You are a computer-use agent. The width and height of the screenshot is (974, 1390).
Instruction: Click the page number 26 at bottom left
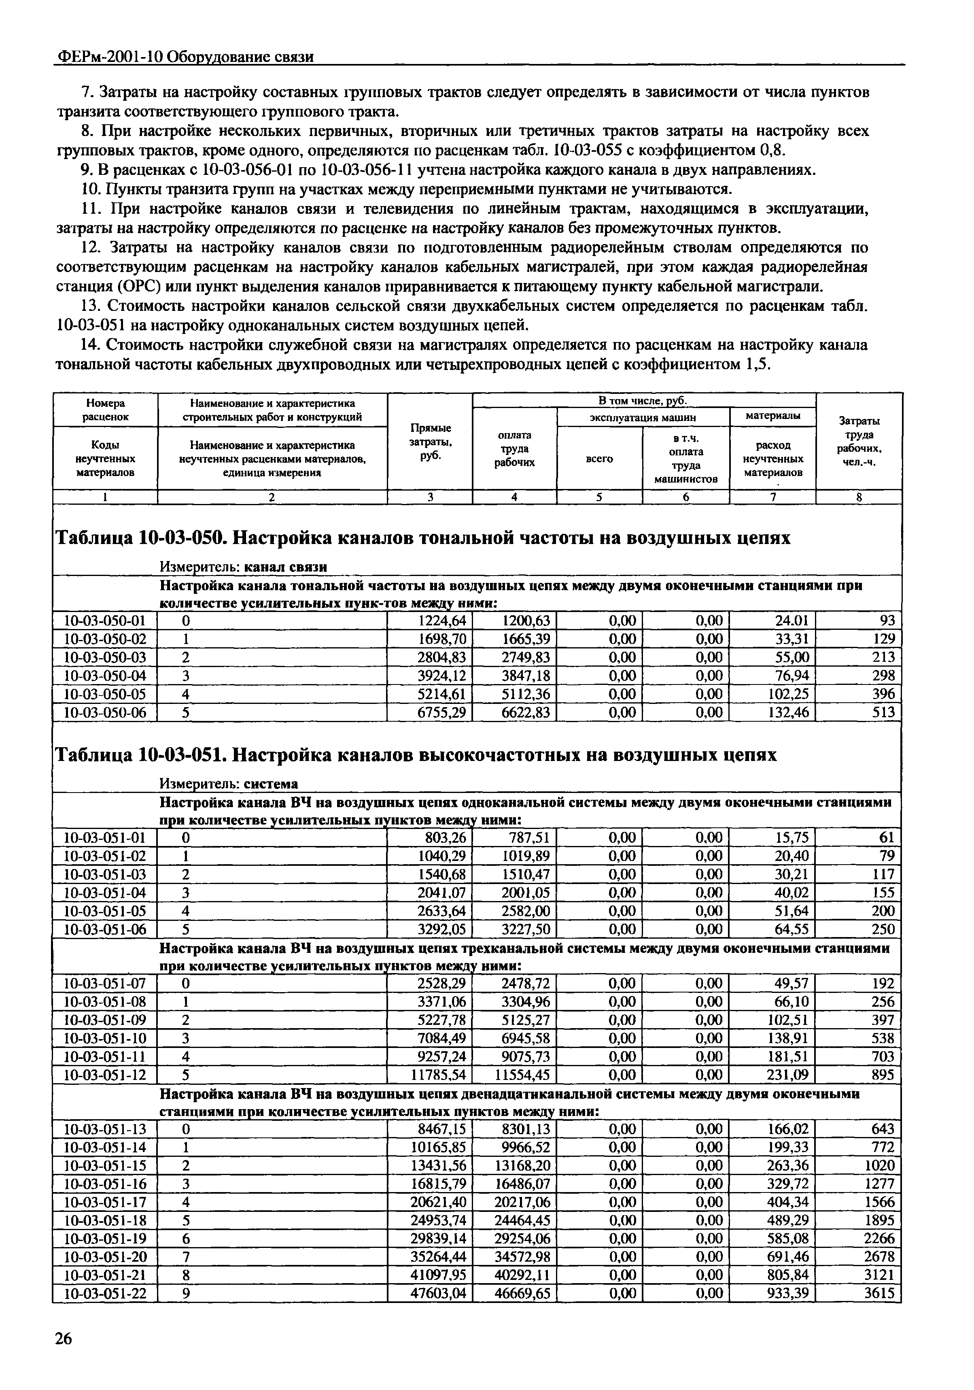(x=63, y=1356)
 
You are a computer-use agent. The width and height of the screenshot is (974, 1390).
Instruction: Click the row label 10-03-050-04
(x=105, y=675)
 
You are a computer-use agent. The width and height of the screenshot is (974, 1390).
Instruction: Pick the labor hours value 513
(x=883, y=712)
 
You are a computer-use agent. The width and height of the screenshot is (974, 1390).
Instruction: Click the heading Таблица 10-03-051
(x=142, y=756)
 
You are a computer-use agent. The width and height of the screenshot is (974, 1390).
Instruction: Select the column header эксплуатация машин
(x=643, y=417)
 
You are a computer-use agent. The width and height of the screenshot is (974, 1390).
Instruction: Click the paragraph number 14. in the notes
(x=91, y=345)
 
